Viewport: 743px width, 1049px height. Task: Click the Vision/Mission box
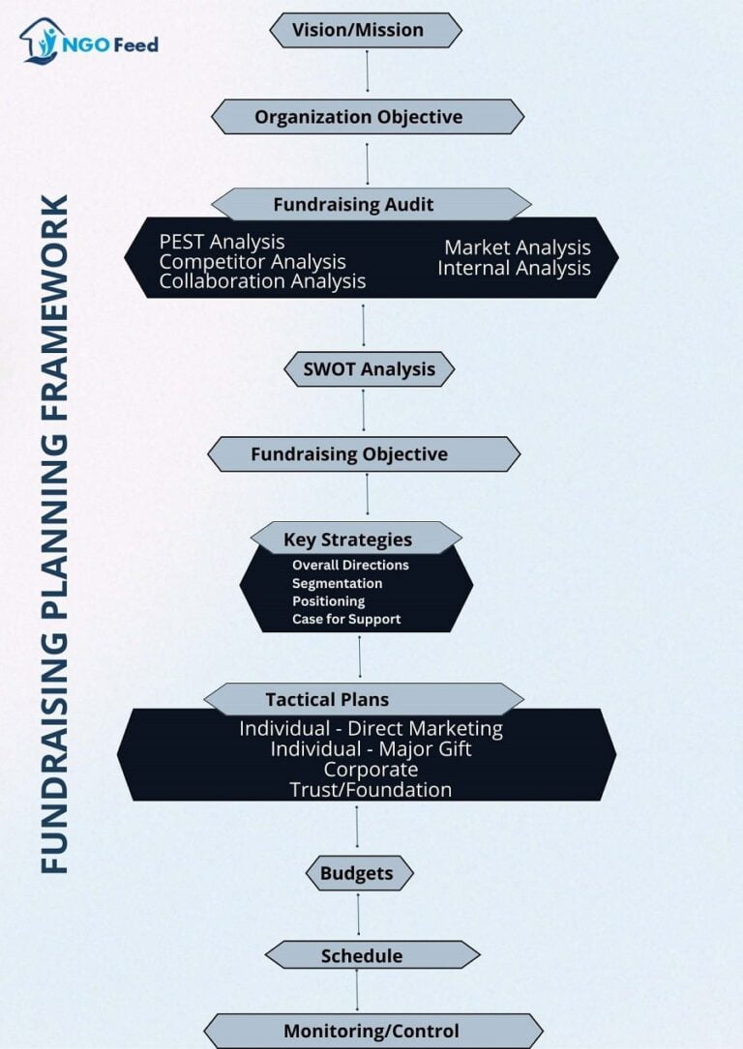[x=366, y=30]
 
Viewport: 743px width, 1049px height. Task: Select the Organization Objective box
[x=368, y=116]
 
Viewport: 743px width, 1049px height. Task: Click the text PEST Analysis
[x=222, y=242]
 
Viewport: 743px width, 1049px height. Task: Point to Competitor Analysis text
[x=253, y=262]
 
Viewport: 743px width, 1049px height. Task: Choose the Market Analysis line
[x=518, y=248]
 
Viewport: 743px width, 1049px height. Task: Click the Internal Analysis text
[x=514, y=268]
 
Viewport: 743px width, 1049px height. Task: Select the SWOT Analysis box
[x=370, y=369]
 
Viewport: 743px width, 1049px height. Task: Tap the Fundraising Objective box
[x=364, y=454]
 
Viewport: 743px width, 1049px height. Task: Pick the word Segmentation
[x=338, y=583]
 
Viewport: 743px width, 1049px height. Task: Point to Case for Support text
[x=346, y=620]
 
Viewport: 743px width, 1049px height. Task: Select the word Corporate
[x=371, y=770]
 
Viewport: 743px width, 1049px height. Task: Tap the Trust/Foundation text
[x=371, y=790]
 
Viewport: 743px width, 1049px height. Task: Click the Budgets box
[x=360, y=873]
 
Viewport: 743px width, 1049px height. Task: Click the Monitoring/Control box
[x=372, y=1031]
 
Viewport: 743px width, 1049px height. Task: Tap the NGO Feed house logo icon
[x=42, y=41]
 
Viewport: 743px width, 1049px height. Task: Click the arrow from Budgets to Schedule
[x=358, y=915]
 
